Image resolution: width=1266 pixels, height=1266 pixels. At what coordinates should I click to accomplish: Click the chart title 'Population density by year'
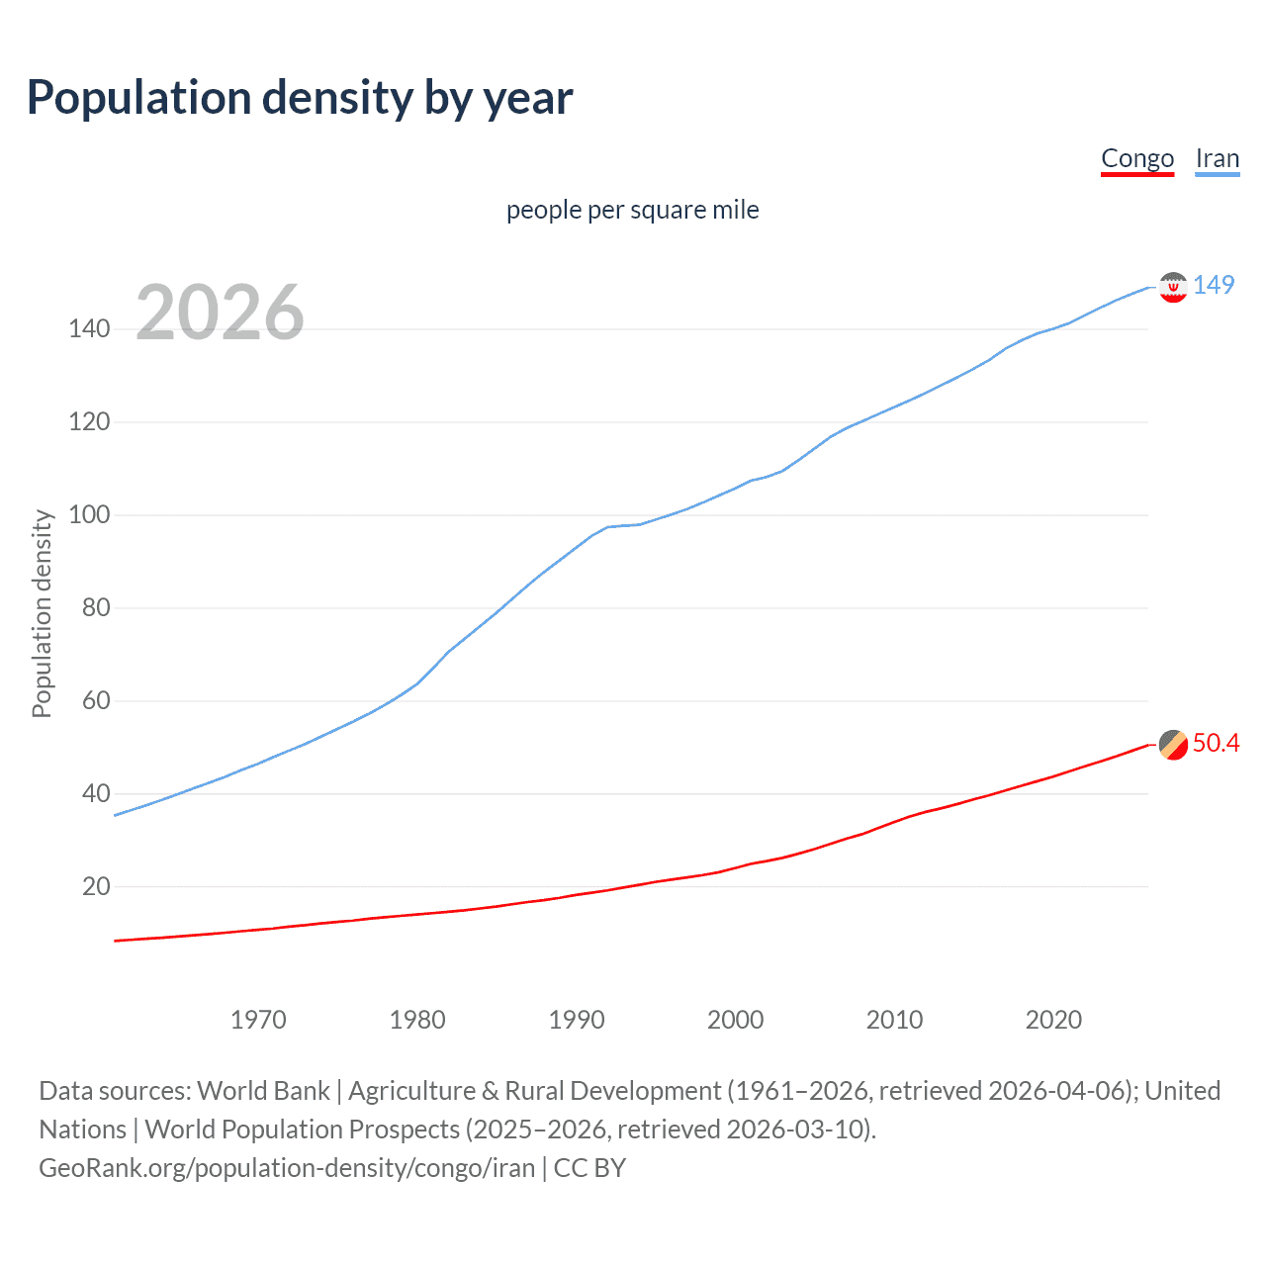[300, 98]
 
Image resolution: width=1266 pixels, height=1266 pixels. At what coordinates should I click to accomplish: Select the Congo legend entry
[1137, 158]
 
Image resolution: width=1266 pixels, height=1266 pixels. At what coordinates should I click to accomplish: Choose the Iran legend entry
[1217, 158]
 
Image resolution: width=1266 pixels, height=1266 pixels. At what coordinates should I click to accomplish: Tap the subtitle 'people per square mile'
[632, 210]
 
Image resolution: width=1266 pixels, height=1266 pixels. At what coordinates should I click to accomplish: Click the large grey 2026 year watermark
[220, 313]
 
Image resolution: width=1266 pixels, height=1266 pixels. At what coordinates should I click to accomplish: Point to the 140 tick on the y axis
[89, 329]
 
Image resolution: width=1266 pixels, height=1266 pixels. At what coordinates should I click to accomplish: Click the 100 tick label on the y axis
[89, 515]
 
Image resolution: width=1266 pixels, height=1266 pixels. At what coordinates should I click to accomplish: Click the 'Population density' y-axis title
[42, 613]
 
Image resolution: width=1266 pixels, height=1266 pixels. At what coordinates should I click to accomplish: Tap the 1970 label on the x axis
[258, 1020]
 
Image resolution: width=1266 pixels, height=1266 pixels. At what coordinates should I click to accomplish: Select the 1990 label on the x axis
[577, 1020]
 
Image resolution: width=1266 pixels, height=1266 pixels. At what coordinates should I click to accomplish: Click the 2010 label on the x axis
[894, 1020]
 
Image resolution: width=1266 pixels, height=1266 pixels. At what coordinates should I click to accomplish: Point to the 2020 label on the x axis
[1053, 1020]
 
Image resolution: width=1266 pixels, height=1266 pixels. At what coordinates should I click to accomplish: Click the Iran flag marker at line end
[1173, 287]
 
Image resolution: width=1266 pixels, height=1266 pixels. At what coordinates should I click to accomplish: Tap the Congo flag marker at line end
[1173, 745]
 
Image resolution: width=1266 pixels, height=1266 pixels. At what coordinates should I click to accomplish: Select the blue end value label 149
[1214, 286]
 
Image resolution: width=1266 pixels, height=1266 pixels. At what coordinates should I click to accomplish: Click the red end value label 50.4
[1216, 744]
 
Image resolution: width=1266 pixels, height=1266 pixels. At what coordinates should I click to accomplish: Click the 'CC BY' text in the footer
[589, 1168]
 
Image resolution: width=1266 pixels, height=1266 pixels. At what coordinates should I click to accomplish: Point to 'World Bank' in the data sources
[263, 1091]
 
